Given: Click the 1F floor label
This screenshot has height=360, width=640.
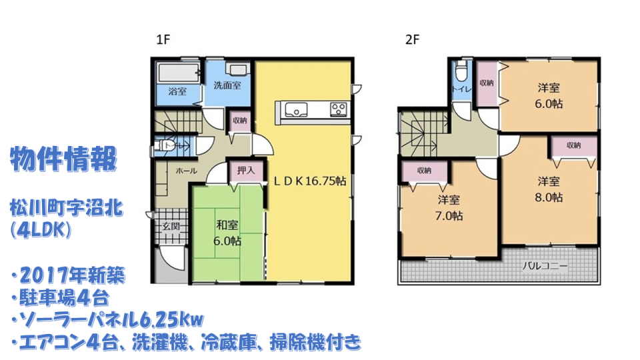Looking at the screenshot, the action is [163, 39].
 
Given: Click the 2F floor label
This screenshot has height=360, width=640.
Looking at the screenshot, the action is [412, 39].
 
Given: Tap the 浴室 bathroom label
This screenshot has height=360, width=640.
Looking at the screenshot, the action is [177, 91].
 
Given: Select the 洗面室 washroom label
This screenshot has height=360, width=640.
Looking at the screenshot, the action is [227, 85].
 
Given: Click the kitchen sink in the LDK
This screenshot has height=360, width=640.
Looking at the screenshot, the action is [296, 109].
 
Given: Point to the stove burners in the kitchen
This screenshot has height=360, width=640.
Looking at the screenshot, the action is [339, 109].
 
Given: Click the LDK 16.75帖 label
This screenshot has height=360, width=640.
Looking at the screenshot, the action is [309, 181].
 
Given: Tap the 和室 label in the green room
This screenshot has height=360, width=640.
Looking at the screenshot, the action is [227, 225].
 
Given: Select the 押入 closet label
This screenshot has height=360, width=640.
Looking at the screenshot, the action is [246, 170].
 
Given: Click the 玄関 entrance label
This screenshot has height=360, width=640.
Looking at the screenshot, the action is [171, 226].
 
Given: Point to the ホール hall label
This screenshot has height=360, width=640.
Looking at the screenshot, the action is [186, 171].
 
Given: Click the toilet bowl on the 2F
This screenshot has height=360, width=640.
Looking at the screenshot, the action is [461, 73].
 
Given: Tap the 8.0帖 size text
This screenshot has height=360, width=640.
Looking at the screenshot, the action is [549, 197].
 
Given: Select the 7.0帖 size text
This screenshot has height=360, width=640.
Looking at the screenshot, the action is [449, 215].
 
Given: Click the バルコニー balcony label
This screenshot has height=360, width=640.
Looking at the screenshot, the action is [545, 266].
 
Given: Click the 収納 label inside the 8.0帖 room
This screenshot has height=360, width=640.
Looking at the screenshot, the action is [574, 145].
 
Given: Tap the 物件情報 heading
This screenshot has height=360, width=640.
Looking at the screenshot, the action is [64, 159].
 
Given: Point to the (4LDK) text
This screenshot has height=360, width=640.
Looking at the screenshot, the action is [41, 230].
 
